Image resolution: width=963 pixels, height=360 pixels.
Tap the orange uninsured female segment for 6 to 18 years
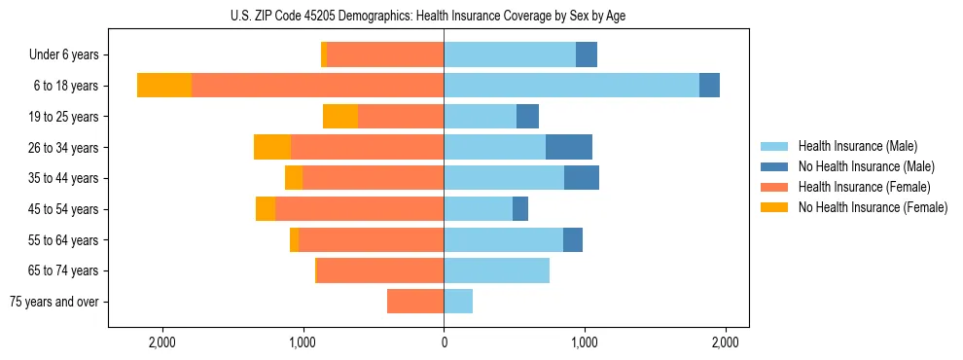163,86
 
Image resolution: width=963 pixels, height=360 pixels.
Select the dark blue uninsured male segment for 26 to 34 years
569,147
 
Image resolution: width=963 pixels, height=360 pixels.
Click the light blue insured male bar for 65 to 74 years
496,270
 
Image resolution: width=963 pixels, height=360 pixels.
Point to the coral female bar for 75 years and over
415,302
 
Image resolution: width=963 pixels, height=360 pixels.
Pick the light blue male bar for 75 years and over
458,302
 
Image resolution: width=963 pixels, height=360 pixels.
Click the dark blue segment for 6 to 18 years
709,86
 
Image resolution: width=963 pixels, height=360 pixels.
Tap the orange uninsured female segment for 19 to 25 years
340,117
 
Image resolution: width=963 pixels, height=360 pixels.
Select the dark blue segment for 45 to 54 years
520,209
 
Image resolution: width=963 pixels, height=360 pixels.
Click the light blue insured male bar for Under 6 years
510,54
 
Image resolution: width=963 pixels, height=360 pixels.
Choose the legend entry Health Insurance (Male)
857,146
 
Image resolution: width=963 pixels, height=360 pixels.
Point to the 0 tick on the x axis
444,342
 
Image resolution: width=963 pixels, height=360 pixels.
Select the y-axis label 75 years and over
53,302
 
